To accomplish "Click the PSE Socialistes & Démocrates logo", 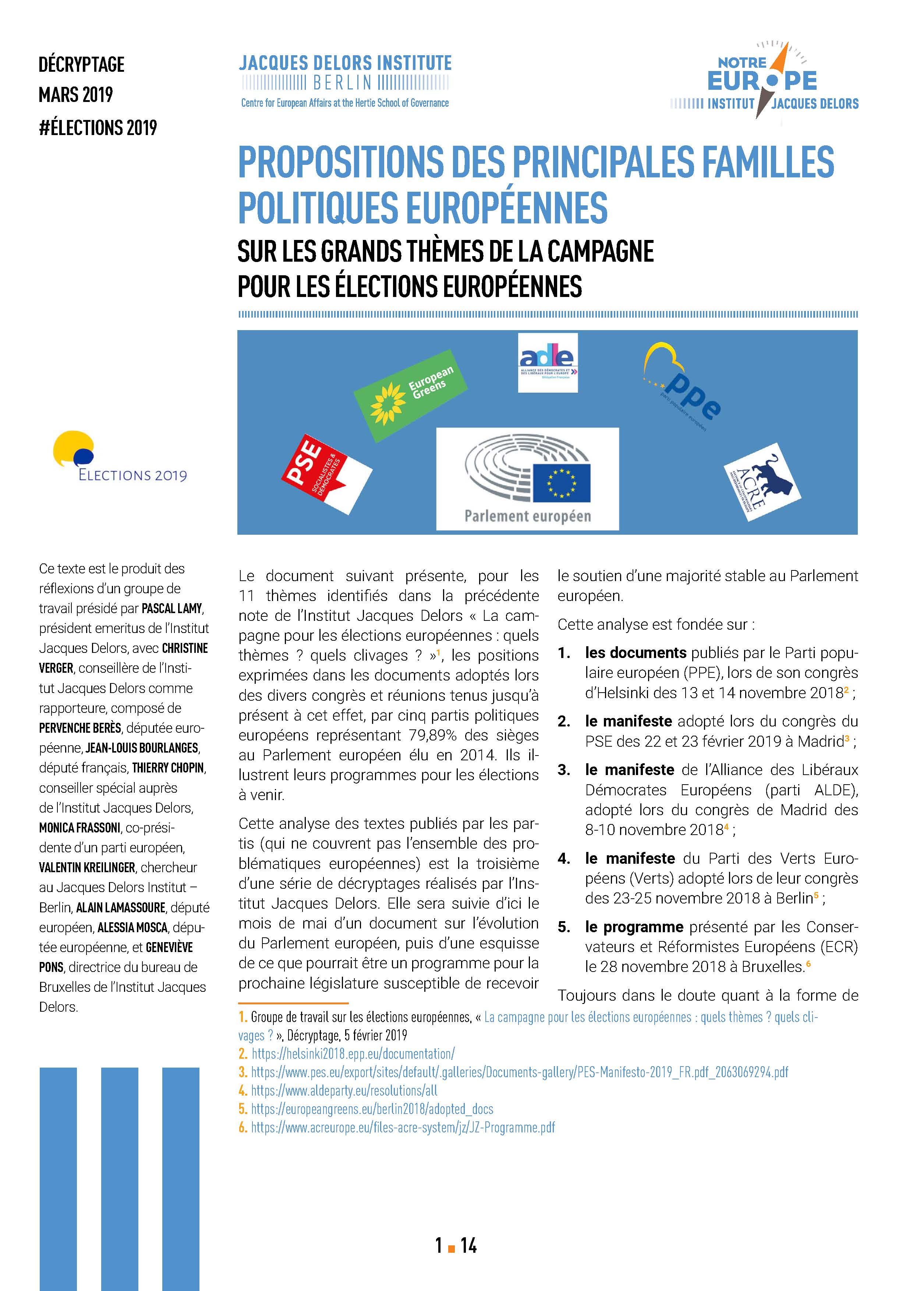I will click(326, 473).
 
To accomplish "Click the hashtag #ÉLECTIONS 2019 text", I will click(98, 128).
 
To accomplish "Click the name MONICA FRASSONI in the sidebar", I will click(79, 828).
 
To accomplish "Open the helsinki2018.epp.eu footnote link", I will click(353, 1054).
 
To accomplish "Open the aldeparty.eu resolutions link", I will click(343, 1090).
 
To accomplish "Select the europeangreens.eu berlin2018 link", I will click(372, 1109).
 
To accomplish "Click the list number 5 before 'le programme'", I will click(563, 927).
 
